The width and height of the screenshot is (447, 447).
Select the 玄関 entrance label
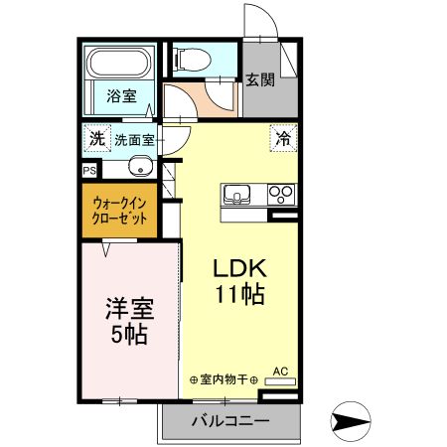coord(261,81)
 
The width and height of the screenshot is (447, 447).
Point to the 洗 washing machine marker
coord(96,139)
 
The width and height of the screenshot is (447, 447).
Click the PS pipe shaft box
coord(89,170)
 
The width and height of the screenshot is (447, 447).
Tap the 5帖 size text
coord(127,334)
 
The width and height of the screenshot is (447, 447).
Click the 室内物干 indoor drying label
coord(223,380)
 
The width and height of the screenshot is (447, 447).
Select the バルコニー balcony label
coord(229,421)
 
